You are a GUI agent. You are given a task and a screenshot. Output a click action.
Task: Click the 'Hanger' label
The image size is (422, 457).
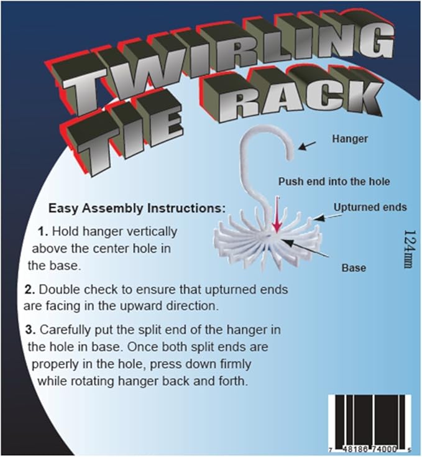pos(350,139)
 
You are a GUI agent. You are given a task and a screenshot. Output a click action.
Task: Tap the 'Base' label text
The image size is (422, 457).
pos(354,267)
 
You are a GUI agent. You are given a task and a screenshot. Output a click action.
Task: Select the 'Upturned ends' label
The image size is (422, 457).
pos(370,207)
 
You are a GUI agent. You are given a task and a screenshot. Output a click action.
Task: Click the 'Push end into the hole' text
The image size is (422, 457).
pos(334,182)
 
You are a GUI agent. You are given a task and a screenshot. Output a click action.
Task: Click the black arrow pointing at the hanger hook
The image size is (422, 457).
pos(307,145)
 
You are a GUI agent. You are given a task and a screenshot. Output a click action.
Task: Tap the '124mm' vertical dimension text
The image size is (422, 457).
pos(410,249)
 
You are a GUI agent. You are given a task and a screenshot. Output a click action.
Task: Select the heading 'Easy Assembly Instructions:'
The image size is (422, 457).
pos(137,208)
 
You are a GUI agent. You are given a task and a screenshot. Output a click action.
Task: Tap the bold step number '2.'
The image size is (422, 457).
pos(30,290)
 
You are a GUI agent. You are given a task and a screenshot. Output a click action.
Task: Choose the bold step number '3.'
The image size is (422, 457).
pos(30,330)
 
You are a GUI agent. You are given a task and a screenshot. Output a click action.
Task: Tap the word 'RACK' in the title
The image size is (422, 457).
pos(291,93)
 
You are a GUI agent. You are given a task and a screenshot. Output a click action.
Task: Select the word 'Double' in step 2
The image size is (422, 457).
pos(58,290)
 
